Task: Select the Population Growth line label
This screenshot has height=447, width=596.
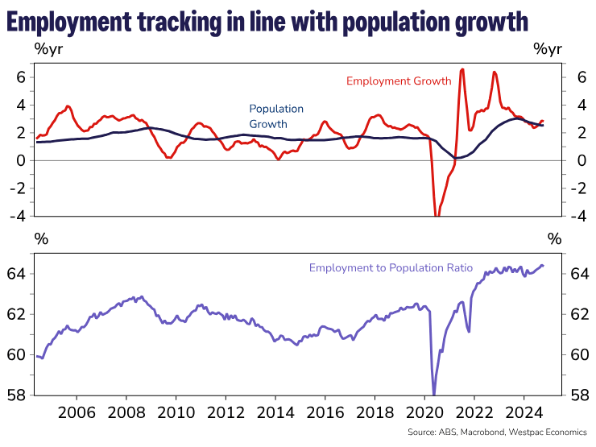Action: coord(276,116)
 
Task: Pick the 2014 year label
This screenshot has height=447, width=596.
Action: coord(275,413)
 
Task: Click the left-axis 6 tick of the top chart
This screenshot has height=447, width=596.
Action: coord(22,77)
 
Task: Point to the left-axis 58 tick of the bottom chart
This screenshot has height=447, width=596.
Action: coord(19,395)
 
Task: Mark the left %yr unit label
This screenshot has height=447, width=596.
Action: coord(48,47)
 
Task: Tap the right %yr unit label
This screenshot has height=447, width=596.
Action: coord(548,47)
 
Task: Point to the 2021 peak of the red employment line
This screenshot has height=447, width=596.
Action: coord(461,69)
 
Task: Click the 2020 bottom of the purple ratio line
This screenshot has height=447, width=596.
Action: coord(434,394)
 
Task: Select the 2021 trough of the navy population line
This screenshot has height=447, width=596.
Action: coord(455,158)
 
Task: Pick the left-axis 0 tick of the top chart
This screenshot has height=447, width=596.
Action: coord(22,160)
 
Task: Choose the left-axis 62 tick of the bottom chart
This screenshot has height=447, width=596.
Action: coord(19,314)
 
